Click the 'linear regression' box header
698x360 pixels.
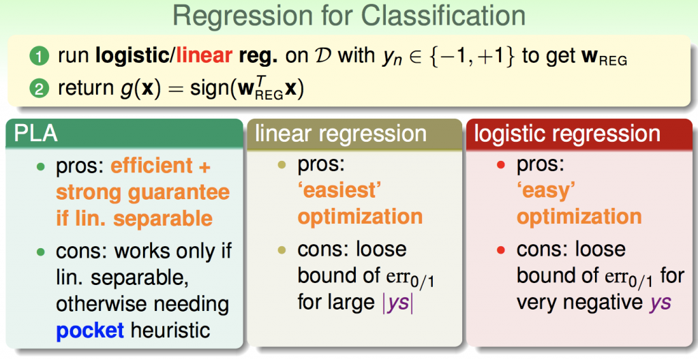pyautogui.click(x=341, y=134)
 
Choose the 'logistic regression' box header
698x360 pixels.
pyautogui.click(x=567, y=134)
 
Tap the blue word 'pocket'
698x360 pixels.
pyautogui.click(x=90, y=331)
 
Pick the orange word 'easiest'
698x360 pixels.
pyautogui.click(x=338, y=191)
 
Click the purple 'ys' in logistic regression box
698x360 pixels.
pyautogui.click(x=657, y=301)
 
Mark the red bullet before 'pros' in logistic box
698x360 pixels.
pyautogui.click(x=502, y=166)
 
